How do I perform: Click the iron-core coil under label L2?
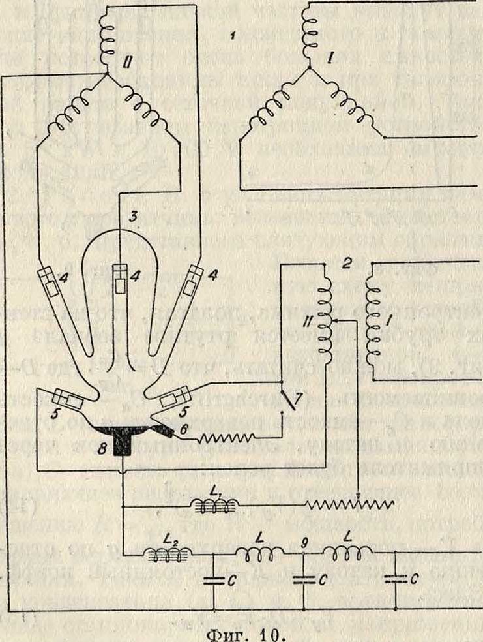[x=168, y=555]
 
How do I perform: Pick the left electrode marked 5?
[x=67, y=399]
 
